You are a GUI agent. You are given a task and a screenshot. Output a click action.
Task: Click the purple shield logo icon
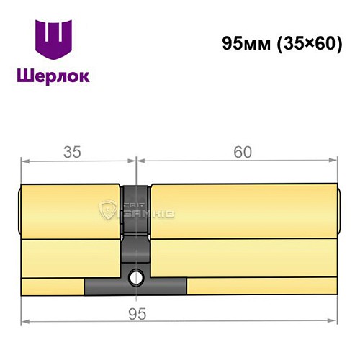pyautogui.click(x=54, y=40)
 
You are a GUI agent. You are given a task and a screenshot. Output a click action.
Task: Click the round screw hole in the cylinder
pyautogui.click(x=135, y=276)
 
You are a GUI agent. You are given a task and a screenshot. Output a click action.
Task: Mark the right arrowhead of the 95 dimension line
pyautogui.click(x=334, y=320)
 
